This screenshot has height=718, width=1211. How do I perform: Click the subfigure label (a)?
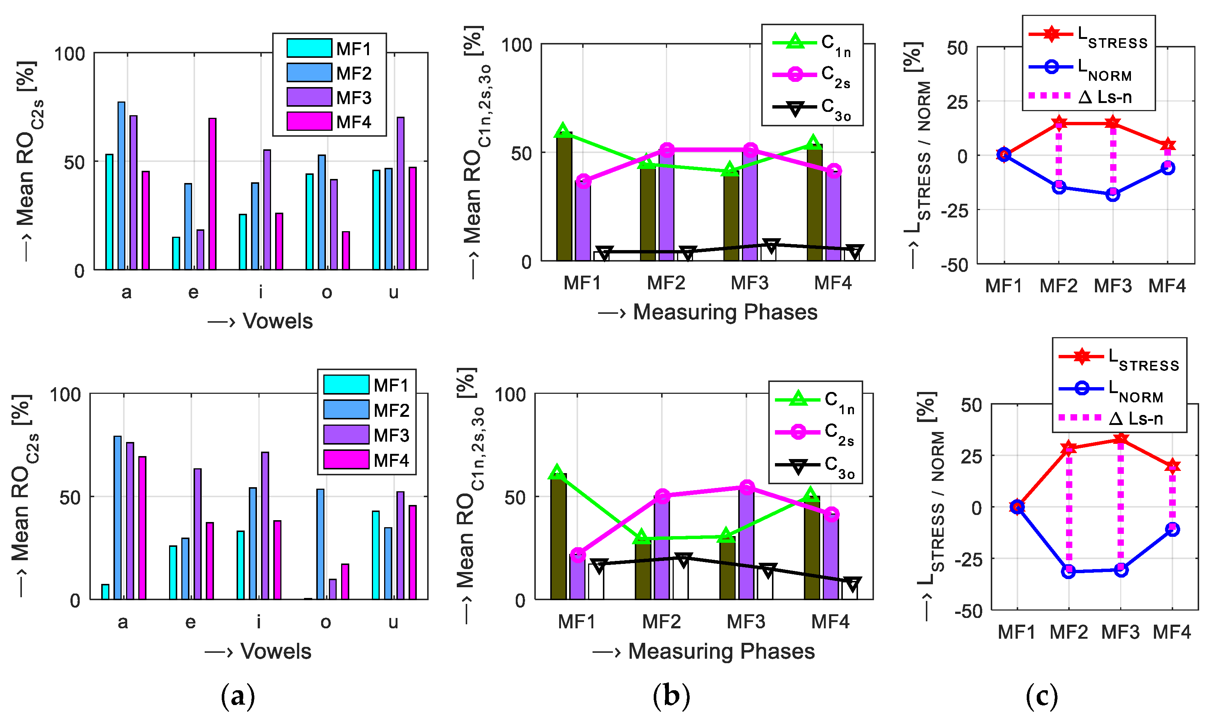(237, 696)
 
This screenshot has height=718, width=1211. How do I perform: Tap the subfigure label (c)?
(1041, 696)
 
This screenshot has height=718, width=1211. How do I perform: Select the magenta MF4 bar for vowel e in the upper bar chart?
(212, 193)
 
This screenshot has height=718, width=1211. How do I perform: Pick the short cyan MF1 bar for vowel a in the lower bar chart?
(105, 592)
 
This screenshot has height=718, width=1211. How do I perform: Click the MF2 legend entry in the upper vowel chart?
(329, 73)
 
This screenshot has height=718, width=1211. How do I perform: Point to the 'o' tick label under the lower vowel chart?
(326, 622)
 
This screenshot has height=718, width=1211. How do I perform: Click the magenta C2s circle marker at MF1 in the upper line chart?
(584, 182)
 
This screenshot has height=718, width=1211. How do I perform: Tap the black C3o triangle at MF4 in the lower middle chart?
(852, 583)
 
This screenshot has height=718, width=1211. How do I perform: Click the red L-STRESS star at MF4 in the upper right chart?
(1168, 144)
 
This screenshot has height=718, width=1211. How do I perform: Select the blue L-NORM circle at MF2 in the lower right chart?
(1069, 571)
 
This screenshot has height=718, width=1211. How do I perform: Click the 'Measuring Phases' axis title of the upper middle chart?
(725, 312)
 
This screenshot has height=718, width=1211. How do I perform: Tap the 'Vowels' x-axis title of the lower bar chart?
(276, 651)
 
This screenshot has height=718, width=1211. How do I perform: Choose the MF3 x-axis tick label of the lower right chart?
(1120, 632)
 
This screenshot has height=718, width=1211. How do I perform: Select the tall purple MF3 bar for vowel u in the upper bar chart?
(400, 193)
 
